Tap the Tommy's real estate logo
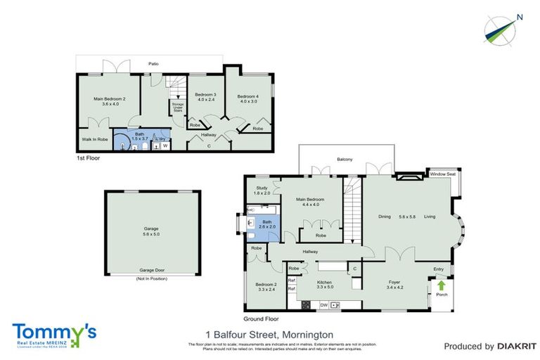pyautogui.click(x=53, y=333)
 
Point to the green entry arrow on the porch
pyautogui.click(x=442, y=285)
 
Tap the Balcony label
pyautogui.click(x=344, y=159)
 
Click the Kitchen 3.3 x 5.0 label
pyautogui.click(x=325, y=284)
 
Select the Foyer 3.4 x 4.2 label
pyautogui.click(x=395, y=284)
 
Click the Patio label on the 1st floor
pyautogui.click(x=153, y=64)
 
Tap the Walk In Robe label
pyautogui.click(x=94, y=139)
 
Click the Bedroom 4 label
pyautogui.click(x=247, y=98)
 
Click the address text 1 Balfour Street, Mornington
pyautogui.click(x=269, y=334)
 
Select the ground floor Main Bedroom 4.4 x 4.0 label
pyautogui.click(x=311, y=202)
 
